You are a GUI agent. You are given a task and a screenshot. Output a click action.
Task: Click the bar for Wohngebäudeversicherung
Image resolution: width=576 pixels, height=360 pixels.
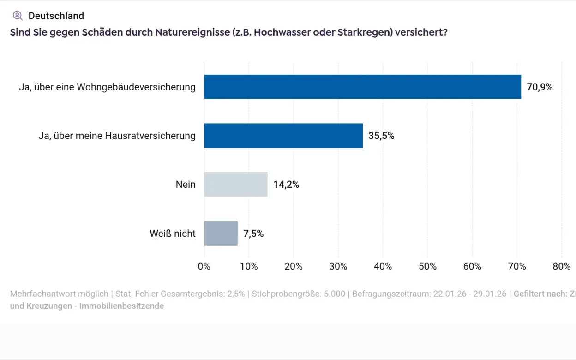[362, 87]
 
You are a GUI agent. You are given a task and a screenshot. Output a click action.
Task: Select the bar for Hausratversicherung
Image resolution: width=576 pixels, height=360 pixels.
[283, 136]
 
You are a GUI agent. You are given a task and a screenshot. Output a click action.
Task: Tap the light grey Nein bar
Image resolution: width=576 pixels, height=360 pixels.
[236, 185]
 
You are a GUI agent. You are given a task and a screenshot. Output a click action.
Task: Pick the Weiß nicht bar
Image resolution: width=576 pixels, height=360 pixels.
[221, 234]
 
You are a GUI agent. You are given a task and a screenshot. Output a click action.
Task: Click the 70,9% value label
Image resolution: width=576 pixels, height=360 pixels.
[540, 87]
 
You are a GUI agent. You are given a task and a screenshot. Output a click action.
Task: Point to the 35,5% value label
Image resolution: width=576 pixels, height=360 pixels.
[381, 136]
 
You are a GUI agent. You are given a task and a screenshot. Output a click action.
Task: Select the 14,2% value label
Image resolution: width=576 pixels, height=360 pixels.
[286, 185]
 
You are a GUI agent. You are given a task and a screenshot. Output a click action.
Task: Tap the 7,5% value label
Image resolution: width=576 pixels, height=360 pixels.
[253, 234]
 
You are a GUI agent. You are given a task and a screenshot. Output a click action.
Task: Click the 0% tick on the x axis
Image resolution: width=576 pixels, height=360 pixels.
[204, 266]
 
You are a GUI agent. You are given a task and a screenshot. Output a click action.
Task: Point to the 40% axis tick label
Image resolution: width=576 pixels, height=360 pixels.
[383, 266]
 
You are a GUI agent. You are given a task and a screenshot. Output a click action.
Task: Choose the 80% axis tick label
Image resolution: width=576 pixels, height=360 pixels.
[561, 266]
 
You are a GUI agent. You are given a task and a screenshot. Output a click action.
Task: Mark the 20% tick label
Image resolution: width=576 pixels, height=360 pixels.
[294, 266]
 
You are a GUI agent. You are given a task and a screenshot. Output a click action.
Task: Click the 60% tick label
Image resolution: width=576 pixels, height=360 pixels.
[472, 266]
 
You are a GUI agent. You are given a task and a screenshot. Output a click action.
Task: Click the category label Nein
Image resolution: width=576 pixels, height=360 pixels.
[186, 185]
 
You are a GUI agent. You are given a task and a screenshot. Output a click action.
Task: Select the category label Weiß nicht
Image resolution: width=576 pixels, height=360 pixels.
[173, 234]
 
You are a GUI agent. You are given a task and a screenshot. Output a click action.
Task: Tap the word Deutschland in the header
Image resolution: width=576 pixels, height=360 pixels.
[56, 16]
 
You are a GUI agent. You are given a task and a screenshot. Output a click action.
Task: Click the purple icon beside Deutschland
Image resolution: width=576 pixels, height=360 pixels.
[18, 16]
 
